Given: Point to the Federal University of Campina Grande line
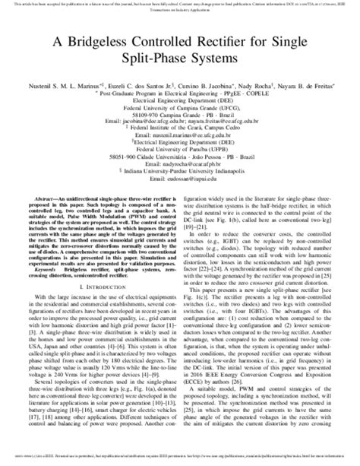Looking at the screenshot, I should [x=179, y=103].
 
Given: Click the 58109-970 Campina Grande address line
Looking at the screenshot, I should [x=179, y=110].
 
